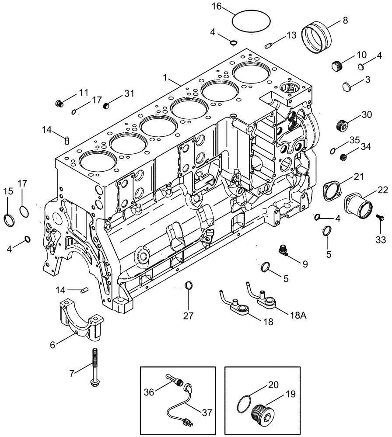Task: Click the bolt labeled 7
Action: click(94, 366)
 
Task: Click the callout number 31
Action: click(129, 94)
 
